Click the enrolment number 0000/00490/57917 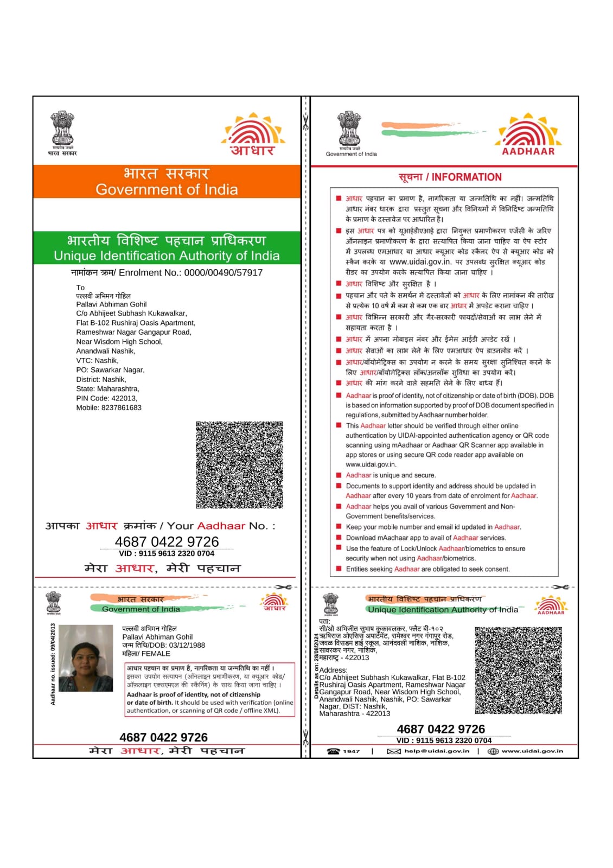[223, 273]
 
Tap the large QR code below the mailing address [239, 465]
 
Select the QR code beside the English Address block [518, 670]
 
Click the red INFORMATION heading [467, 177]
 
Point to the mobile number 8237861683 [121, 408]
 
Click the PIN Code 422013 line [106, 398]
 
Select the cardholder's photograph [86, 658]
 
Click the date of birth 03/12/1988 [187, 646]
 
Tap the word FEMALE [156, 654]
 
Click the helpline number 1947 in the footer [351, 751]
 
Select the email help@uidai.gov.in [437, 751]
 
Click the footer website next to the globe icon [532, 751]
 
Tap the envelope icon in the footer [394, 751]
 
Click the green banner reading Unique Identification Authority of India [167, 248]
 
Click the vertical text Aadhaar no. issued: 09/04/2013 [53, 664]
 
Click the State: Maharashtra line [107, 389]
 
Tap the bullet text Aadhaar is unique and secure [391, 475]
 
